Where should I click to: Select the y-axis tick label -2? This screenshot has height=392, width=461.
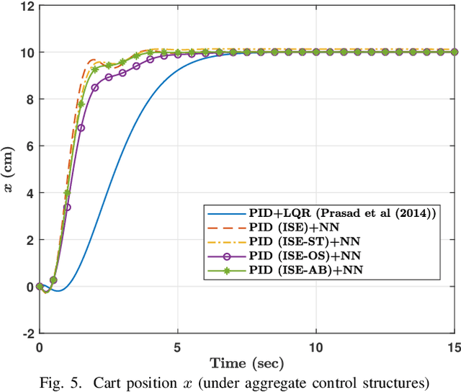(26, 334)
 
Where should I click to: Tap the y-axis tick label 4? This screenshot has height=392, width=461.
(28, 193)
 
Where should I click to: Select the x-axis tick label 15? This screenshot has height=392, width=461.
(454, 346)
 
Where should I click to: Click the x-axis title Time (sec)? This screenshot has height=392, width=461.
(246, 361)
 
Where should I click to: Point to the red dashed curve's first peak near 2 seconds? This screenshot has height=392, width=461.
(93, 60)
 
